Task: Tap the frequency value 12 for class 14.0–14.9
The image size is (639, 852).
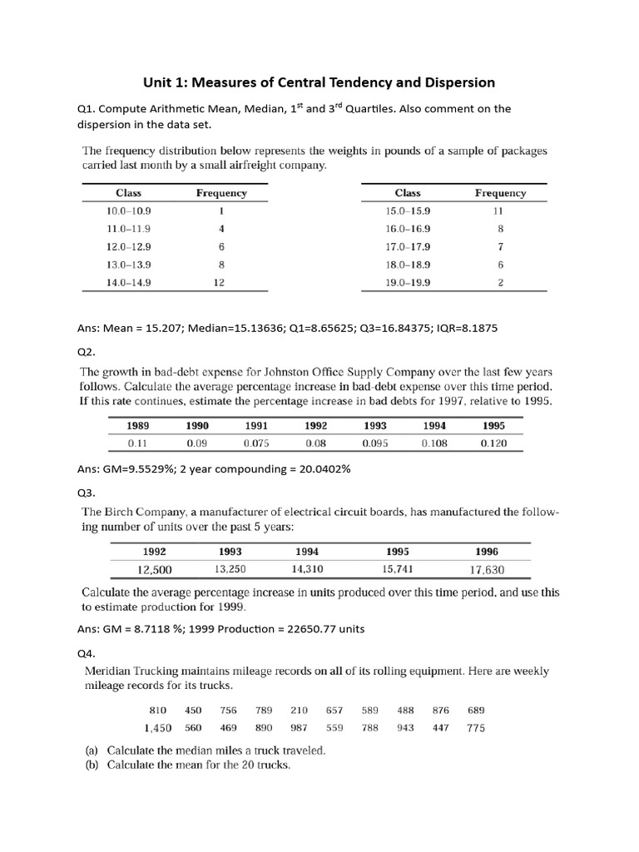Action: (x=221, y=282)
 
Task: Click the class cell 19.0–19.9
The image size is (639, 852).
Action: (x=408, y=282)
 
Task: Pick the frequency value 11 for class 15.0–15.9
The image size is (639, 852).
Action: (x=499, y=211)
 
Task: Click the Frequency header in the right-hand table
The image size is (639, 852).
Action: (x=500, y=193)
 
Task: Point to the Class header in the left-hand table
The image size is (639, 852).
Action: (x=128, y=193)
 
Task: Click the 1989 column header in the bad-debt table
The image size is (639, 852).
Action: (x=137, y=426)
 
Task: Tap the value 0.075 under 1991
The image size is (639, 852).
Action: (x=256, y=443)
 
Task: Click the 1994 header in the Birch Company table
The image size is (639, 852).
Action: (x=307, y=552)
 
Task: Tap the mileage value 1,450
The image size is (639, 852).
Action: (x=157, y=728)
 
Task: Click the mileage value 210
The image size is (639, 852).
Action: (x=299, y=711)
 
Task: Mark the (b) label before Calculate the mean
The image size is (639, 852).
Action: (x=92, y=765)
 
